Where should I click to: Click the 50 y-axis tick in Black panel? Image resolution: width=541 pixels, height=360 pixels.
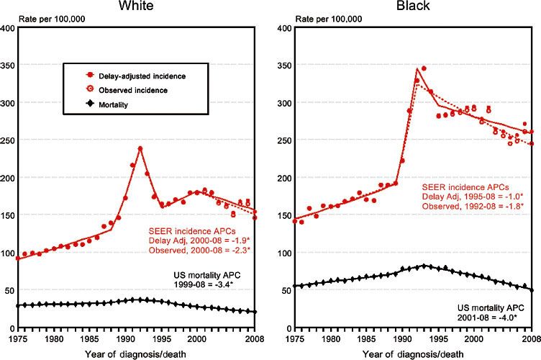[x=284, y=291]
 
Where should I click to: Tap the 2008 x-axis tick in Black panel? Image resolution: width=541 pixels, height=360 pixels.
[x=530, y=336]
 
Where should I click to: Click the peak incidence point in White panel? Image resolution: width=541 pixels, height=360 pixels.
[x=140, y=148]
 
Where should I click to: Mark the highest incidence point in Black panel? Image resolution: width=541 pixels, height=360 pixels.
[x=424, y=68]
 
